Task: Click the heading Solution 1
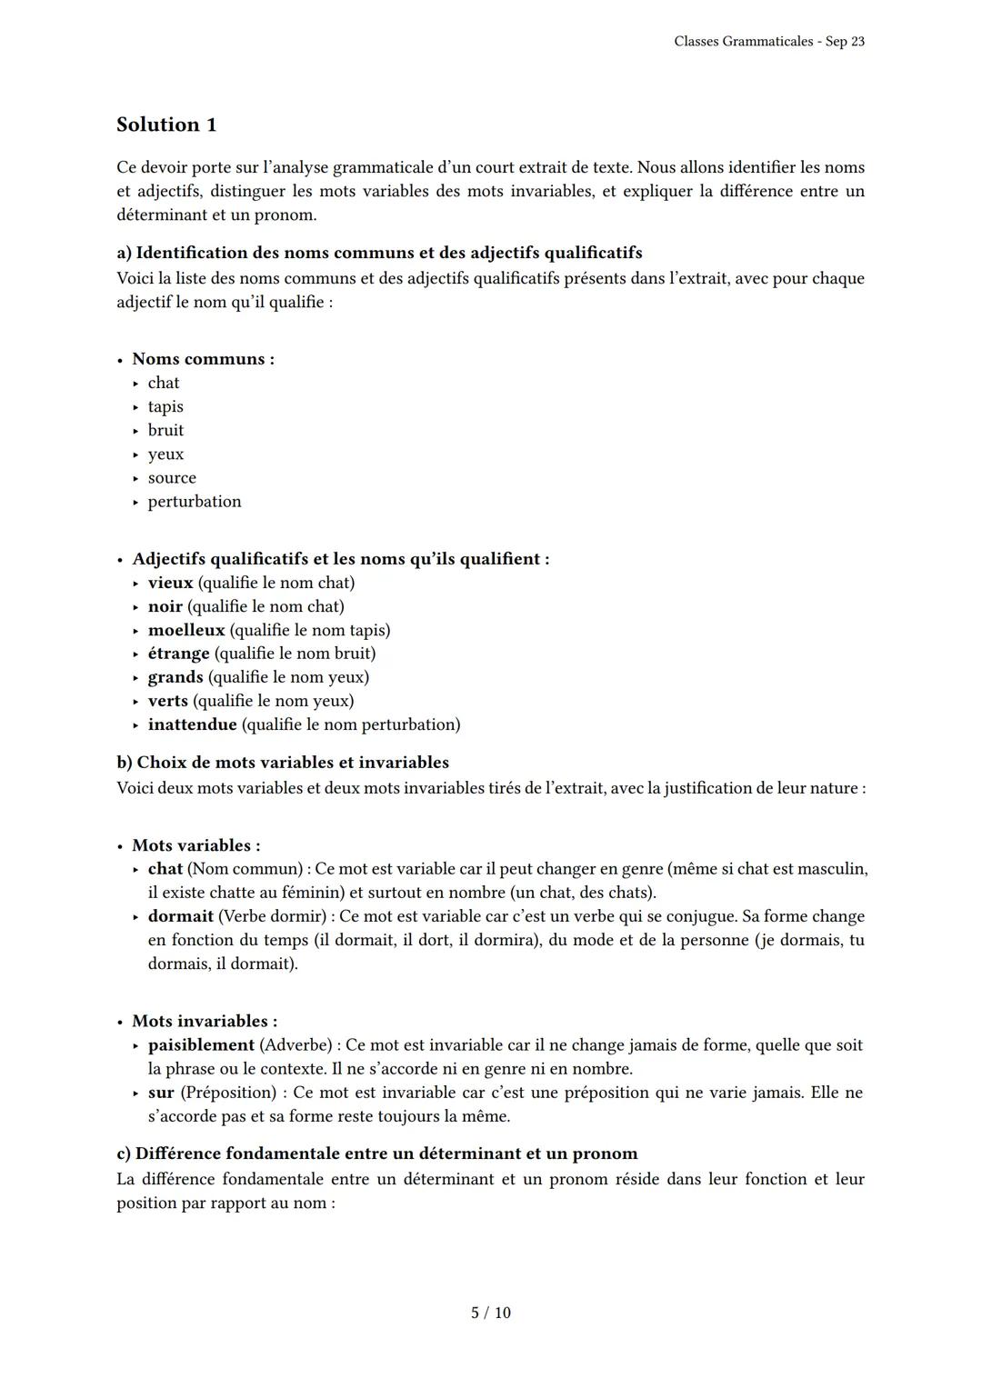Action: click(x=166, y=125)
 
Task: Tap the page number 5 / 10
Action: click(x=490, y=1313)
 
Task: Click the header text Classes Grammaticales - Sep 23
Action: click(x=768, y=42)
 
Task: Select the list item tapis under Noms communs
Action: click(x=165, y=406)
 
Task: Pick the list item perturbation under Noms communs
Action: click(x=195, y=501)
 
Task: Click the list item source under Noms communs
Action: click(x=172, y=477)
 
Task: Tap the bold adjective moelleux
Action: click(x=186, y=630)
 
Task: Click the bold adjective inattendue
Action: click(x=192, y=724)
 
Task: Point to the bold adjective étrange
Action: click(x=178, y=654)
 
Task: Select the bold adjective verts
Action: click(x=168, y=701)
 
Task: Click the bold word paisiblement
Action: click(x=201, y=1045)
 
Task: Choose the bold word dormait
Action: click(x=180, y=916)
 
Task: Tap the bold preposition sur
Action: click(x=161, y=1093)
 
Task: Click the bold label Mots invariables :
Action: click(x=205, y=1021)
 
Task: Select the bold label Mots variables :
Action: click(x=195, y=845)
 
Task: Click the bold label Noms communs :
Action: click(x=203, y=359)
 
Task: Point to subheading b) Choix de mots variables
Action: click(x=283, y=762)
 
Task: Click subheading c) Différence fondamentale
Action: click(x=376, y=1153)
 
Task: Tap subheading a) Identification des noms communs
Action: click(x=379, y=253)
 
